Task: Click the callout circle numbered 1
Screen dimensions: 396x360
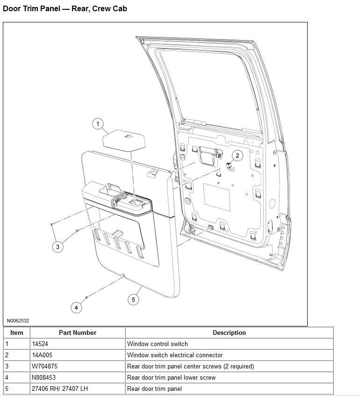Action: [98, 124]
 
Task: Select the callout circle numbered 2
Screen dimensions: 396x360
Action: [237, 156]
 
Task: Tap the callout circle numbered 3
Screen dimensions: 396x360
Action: [58, 247]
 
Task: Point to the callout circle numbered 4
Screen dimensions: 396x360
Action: [76, 307]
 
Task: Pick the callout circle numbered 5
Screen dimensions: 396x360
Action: [134, 299]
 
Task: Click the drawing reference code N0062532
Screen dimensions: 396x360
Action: [18, 321]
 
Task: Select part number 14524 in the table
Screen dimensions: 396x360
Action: [42, 344]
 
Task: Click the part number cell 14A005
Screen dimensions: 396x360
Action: [42, 355]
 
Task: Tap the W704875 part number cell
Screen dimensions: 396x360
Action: [45, 366]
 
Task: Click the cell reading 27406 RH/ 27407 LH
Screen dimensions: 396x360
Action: [58, 389]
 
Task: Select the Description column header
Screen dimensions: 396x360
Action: [229, 332]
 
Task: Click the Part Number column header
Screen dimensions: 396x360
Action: [78, 332]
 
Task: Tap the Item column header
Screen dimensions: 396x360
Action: [17, 332]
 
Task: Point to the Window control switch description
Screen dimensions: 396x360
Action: [158, 344]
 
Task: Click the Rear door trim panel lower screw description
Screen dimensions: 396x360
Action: [172, 377]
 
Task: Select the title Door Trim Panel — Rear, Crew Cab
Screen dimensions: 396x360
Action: [65, 8]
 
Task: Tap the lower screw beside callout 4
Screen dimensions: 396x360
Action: [87, 297]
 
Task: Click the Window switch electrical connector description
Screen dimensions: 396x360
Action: [175, 355]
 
